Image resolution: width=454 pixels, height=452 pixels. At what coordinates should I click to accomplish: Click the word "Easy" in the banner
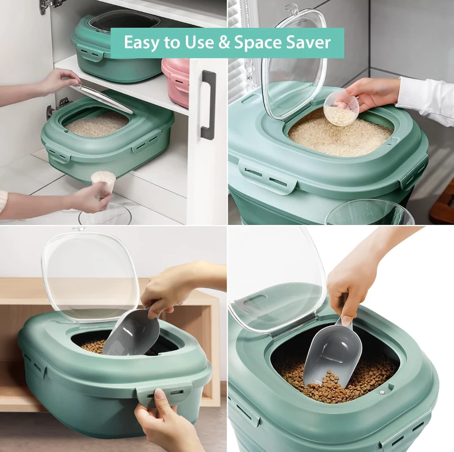142,43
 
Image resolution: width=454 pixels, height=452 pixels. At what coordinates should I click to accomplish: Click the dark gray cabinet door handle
208,105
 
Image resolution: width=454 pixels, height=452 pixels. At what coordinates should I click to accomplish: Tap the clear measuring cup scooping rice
341,109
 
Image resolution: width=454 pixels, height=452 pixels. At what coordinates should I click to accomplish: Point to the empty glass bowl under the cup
105,216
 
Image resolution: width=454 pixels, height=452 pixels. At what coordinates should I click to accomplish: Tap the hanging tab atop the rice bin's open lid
291,8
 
